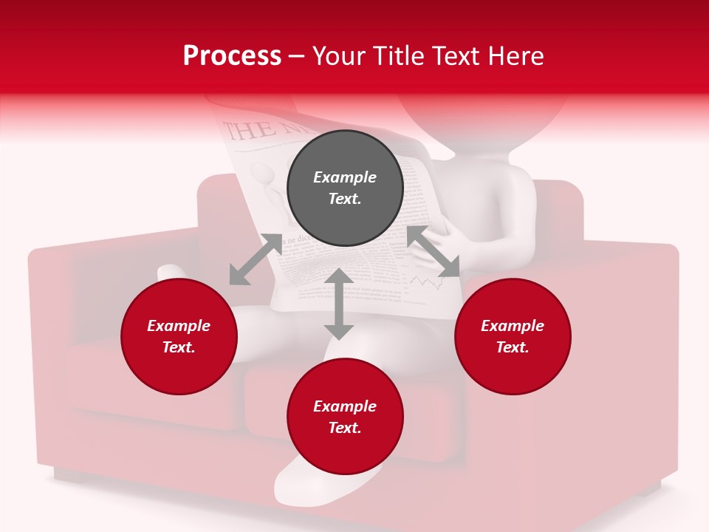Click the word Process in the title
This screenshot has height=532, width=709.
[x=232, y=56]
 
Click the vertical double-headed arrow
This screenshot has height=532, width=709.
[x=339, y=304]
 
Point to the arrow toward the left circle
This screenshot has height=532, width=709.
[x=256, y=259]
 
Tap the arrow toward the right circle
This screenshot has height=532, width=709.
[x=434, y=252]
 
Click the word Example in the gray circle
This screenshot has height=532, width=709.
[x=345, y=177]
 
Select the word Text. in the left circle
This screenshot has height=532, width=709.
[x=179, y=347]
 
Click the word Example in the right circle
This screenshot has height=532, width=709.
[x=513, y=326]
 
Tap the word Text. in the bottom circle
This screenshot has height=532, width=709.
[x=345, y=428]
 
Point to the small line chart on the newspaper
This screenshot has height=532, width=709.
[x=422, y=282]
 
